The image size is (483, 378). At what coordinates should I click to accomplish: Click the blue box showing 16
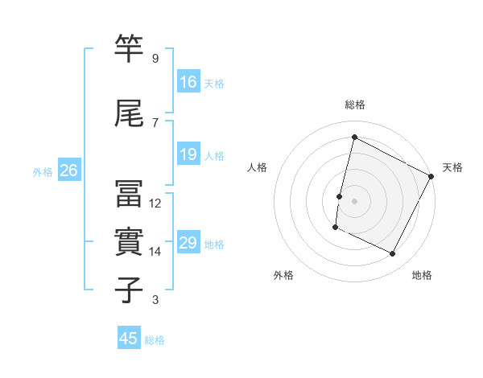(188, 81)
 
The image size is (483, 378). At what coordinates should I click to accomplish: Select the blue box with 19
(188, 154)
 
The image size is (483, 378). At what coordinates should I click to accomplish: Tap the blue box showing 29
(188, 243)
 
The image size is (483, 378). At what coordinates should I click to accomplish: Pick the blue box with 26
(68, 171)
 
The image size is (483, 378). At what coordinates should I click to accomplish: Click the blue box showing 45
(129, 339)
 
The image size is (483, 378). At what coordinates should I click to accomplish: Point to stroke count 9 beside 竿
(155, 59)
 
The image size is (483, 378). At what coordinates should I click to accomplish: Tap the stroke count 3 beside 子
(155, 300)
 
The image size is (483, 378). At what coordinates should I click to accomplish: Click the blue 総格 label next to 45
(155, 340)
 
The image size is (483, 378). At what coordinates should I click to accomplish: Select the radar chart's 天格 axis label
(452, 167)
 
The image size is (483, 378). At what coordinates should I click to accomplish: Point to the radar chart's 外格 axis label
(283, 276)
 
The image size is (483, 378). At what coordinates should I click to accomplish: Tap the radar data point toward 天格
(431, 176)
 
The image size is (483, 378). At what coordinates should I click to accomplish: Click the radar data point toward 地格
(393, 254)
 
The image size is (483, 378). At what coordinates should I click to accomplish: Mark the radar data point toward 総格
(354, 138)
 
